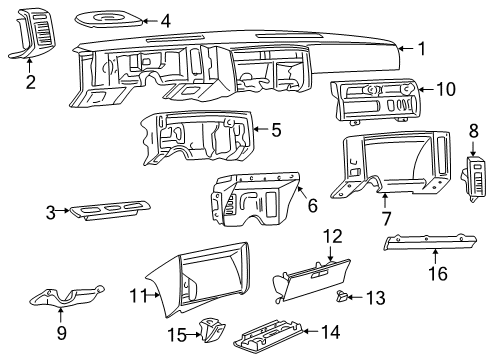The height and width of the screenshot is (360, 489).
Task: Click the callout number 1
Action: [x=422, y=47]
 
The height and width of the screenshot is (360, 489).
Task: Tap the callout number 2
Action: [x=30, y=82]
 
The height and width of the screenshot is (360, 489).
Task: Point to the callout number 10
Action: [x=445, y=90]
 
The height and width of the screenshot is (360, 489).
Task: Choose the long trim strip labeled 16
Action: [x=425, y=246]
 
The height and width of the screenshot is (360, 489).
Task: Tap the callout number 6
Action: [x=312, y=205]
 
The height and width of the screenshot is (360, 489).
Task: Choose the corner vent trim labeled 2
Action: [x=30, y=35]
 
